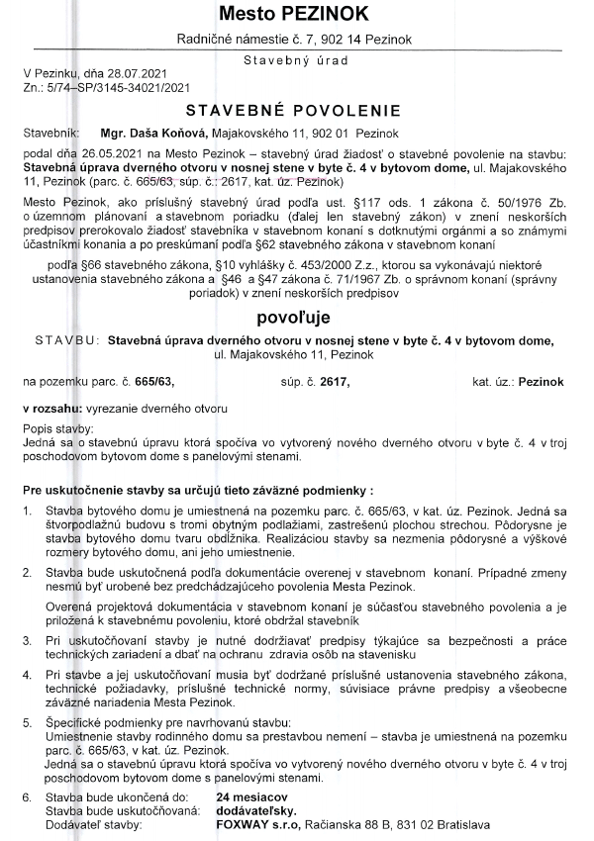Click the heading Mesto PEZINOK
click(297, 14)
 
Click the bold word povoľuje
click(294, 319)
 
